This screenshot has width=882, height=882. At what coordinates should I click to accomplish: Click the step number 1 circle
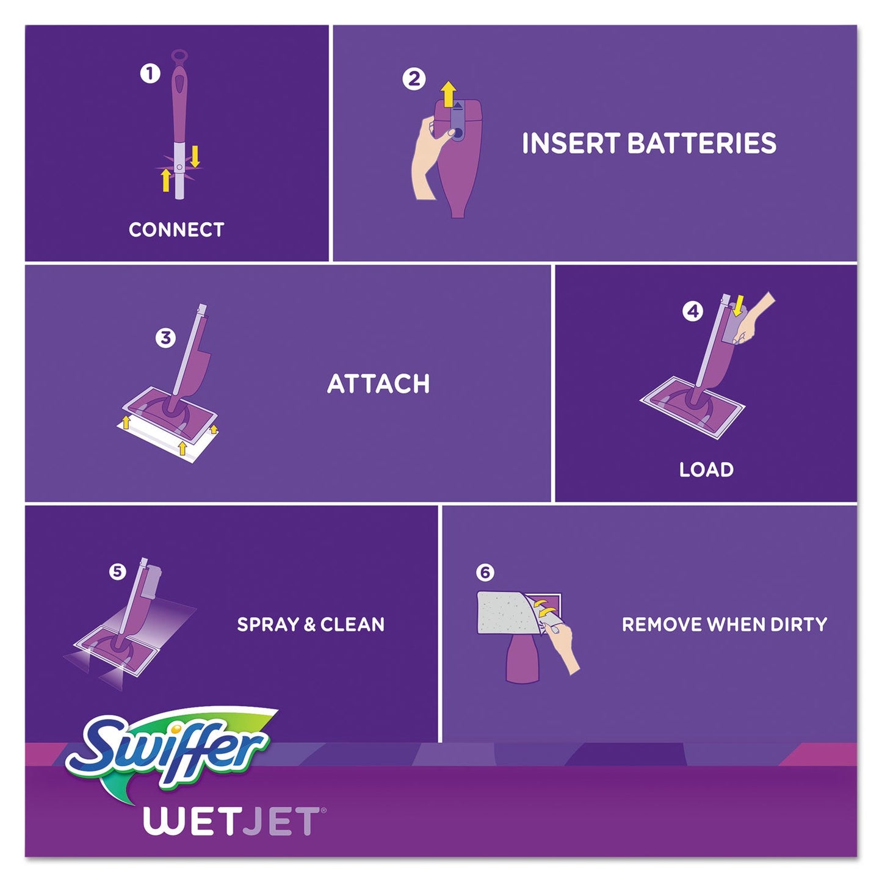[x=150, y=74]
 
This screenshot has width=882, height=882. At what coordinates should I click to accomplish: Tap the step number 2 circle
[x=414, y=79]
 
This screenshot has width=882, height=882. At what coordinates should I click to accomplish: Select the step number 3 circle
[x=165, y=338]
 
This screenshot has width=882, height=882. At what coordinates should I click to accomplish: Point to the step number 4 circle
[x=692, y=311]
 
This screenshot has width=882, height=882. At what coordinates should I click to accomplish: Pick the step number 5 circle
[x=117, y=572]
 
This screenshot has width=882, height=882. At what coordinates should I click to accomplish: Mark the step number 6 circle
[x=485, y=573]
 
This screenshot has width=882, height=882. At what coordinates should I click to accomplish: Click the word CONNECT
[x=176, y=230]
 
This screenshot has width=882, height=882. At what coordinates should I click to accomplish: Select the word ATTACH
[x=378, y=384]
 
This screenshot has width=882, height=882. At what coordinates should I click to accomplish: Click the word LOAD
[x=706, y=469]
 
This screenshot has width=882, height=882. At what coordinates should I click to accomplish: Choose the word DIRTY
[x=799, y=624]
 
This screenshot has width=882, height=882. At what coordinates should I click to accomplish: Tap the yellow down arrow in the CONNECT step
[x=195, y=156]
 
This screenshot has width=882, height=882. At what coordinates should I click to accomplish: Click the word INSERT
[x=570, y=144]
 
